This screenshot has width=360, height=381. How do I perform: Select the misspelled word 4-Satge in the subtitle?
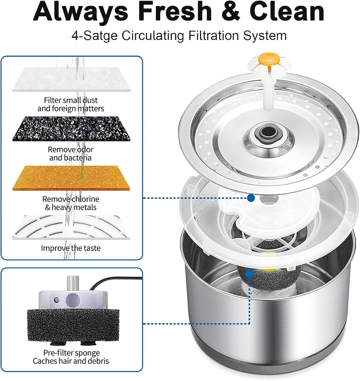(x=95, y=36)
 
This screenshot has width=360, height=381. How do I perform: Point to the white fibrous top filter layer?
(x=71, y=80)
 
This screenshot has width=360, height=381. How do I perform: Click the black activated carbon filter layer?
(x=71, y=129)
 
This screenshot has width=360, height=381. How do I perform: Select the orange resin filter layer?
(x=71, y=178)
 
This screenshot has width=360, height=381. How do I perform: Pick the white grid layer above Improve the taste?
(x=71, y=227)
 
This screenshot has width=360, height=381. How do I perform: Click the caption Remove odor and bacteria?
(x=71, y=154)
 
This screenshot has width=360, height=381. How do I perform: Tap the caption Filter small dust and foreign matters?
(x=71, y=104)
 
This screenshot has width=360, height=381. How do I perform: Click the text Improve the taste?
(x=71, y=248)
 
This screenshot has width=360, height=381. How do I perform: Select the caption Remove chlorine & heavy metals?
(x=71, y=203)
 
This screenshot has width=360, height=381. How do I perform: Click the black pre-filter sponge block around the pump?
(x=73, y=325)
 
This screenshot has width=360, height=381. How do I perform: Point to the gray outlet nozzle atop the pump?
(x=73, y=283)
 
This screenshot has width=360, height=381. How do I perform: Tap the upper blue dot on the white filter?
(x=251, y=198)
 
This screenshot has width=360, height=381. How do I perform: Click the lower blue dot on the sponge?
(x=249, y=274)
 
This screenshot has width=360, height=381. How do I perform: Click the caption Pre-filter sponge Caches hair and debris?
(x=71, y=357)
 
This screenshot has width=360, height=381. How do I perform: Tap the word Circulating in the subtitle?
(x=153, y=36)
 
